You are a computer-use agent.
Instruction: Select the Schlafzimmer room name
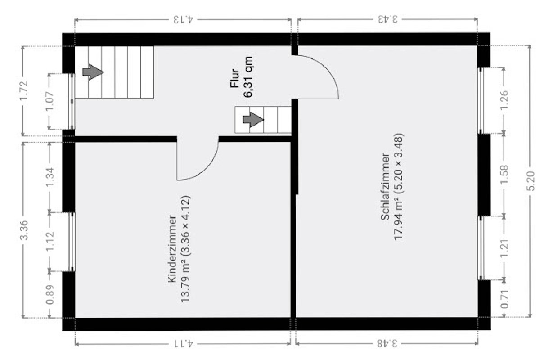click(385, 187)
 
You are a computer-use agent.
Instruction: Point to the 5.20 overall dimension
click(531, 181)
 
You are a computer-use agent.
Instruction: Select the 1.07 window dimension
click(50, 101)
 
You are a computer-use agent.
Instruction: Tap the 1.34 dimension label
click(50, 177)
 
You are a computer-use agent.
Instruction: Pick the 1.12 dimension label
click(50, 242)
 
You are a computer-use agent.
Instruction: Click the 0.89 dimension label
click(50, 295)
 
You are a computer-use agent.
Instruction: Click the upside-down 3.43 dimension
click(387, 20)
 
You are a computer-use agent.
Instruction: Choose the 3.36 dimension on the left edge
click(25, 229)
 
